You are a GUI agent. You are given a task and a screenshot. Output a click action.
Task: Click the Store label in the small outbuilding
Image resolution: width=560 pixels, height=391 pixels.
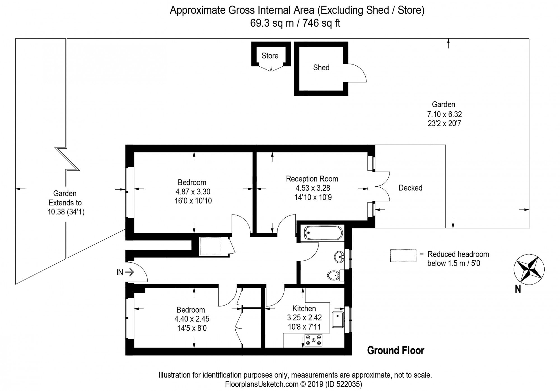270,56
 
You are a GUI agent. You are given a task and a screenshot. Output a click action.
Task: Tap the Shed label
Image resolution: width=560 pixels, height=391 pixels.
321,68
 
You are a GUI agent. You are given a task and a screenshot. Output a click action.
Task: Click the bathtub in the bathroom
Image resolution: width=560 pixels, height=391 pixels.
323,233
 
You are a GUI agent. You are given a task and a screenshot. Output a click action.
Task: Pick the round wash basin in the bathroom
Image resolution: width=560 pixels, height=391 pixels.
339,257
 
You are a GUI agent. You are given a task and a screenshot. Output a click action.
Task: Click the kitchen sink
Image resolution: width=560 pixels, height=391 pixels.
338,320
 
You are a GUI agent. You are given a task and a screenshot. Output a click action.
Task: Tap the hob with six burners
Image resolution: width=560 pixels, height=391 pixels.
313,340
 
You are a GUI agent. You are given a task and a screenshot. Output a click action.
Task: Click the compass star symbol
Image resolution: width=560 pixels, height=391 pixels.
529,269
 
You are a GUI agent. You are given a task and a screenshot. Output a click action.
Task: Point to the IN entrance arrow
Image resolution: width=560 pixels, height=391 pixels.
130,272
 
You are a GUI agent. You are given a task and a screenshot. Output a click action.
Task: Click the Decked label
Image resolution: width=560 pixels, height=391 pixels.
410,188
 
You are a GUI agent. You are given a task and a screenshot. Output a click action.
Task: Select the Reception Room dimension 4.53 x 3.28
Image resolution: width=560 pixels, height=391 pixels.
313,188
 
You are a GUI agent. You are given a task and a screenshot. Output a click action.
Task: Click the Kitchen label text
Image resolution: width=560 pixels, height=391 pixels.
304,308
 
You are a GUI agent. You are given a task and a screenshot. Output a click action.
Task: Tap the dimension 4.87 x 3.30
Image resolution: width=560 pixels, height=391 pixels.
193,192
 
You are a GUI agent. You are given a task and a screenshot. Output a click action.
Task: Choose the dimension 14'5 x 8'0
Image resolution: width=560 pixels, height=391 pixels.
192,328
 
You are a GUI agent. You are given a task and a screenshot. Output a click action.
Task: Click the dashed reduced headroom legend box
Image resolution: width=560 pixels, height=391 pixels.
403,256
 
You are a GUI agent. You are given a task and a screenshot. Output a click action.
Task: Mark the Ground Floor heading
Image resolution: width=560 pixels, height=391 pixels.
395,350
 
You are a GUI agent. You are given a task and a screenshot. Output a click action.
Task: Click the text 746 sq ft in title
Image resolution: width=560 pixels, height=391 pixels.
321,23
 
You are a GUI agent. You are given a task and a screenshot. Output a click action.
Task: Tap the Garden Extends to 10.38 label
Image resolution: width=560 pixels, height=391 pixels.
65,203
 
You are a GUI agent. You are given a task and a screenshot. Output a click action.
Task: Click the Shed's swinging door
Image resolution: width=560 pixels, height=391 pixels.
357,73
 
